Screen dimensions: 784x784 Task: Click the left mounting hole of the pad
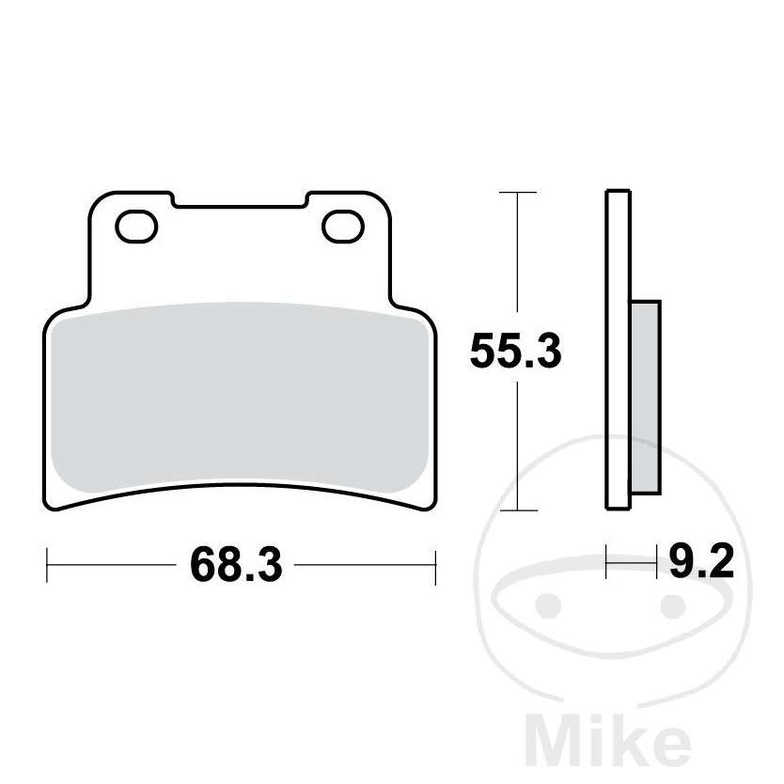click(x=136, y=226)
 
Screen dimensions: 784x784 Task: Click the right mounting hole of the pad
click(x=343, y=226)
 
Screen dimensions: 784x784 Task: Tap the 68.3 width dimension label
click(x=236, y=564)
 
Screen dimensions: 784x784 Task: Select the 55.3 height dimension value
click(x=515, y=353)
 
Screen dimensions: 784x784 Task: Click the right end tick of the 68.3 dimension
click(x=435, y=565)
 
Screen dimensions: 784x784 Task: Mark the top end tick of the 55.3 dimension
click(x=517, y=193)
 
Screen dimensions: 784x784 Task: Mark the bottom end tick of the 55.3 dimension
click(x=517, y=511)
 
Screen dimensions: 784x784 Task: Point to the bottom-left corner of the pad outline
click(x=53, y=505)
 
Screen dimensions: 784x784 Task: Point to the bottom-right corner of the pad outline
click(x=429, y=505)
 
